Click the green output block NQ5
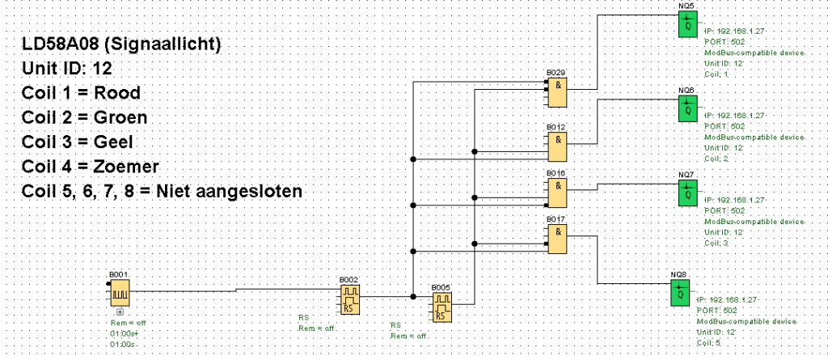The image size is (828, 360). tap(687, 25)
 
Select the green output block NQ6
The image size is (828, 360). tap(687, 108)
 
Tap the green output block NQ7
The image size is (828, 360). tap(687, 193)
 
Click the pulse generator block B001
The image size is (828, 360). tap(120, 293)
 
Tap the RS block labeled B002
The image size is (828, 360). tap(349, 299)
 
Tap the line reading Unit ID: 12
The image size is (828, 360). tap(68, 68)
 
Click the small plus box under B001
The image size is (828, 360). tap(120, 311)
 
